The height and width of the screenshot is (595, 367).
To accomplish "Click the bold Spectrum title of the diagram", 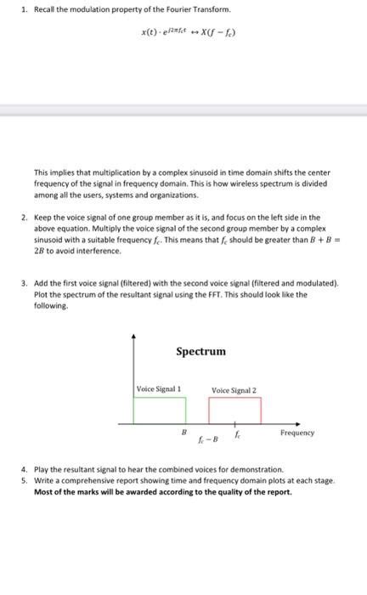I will [x=200, y=350].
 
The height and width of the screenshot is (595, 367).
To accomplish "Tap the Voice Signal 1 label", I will [x=160, y=388].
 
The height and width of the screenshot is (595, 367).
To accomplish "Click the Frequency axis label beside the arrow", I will [x=296, y=433].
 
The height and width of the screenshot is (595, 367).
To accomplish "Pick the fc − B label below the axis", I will [x=206, y=440].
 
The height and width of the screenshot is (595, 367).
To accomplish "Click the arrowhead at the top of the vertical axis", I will [x=133, y=336].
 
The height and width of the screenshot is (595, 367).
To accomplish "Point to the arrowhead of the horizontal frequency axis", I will [x=298, y=422].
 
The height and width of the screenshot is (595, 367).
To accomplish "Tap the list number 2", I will [x=25, y=218].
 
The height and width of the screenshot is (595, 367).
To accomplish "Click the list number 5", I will [x=25, y=480].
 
